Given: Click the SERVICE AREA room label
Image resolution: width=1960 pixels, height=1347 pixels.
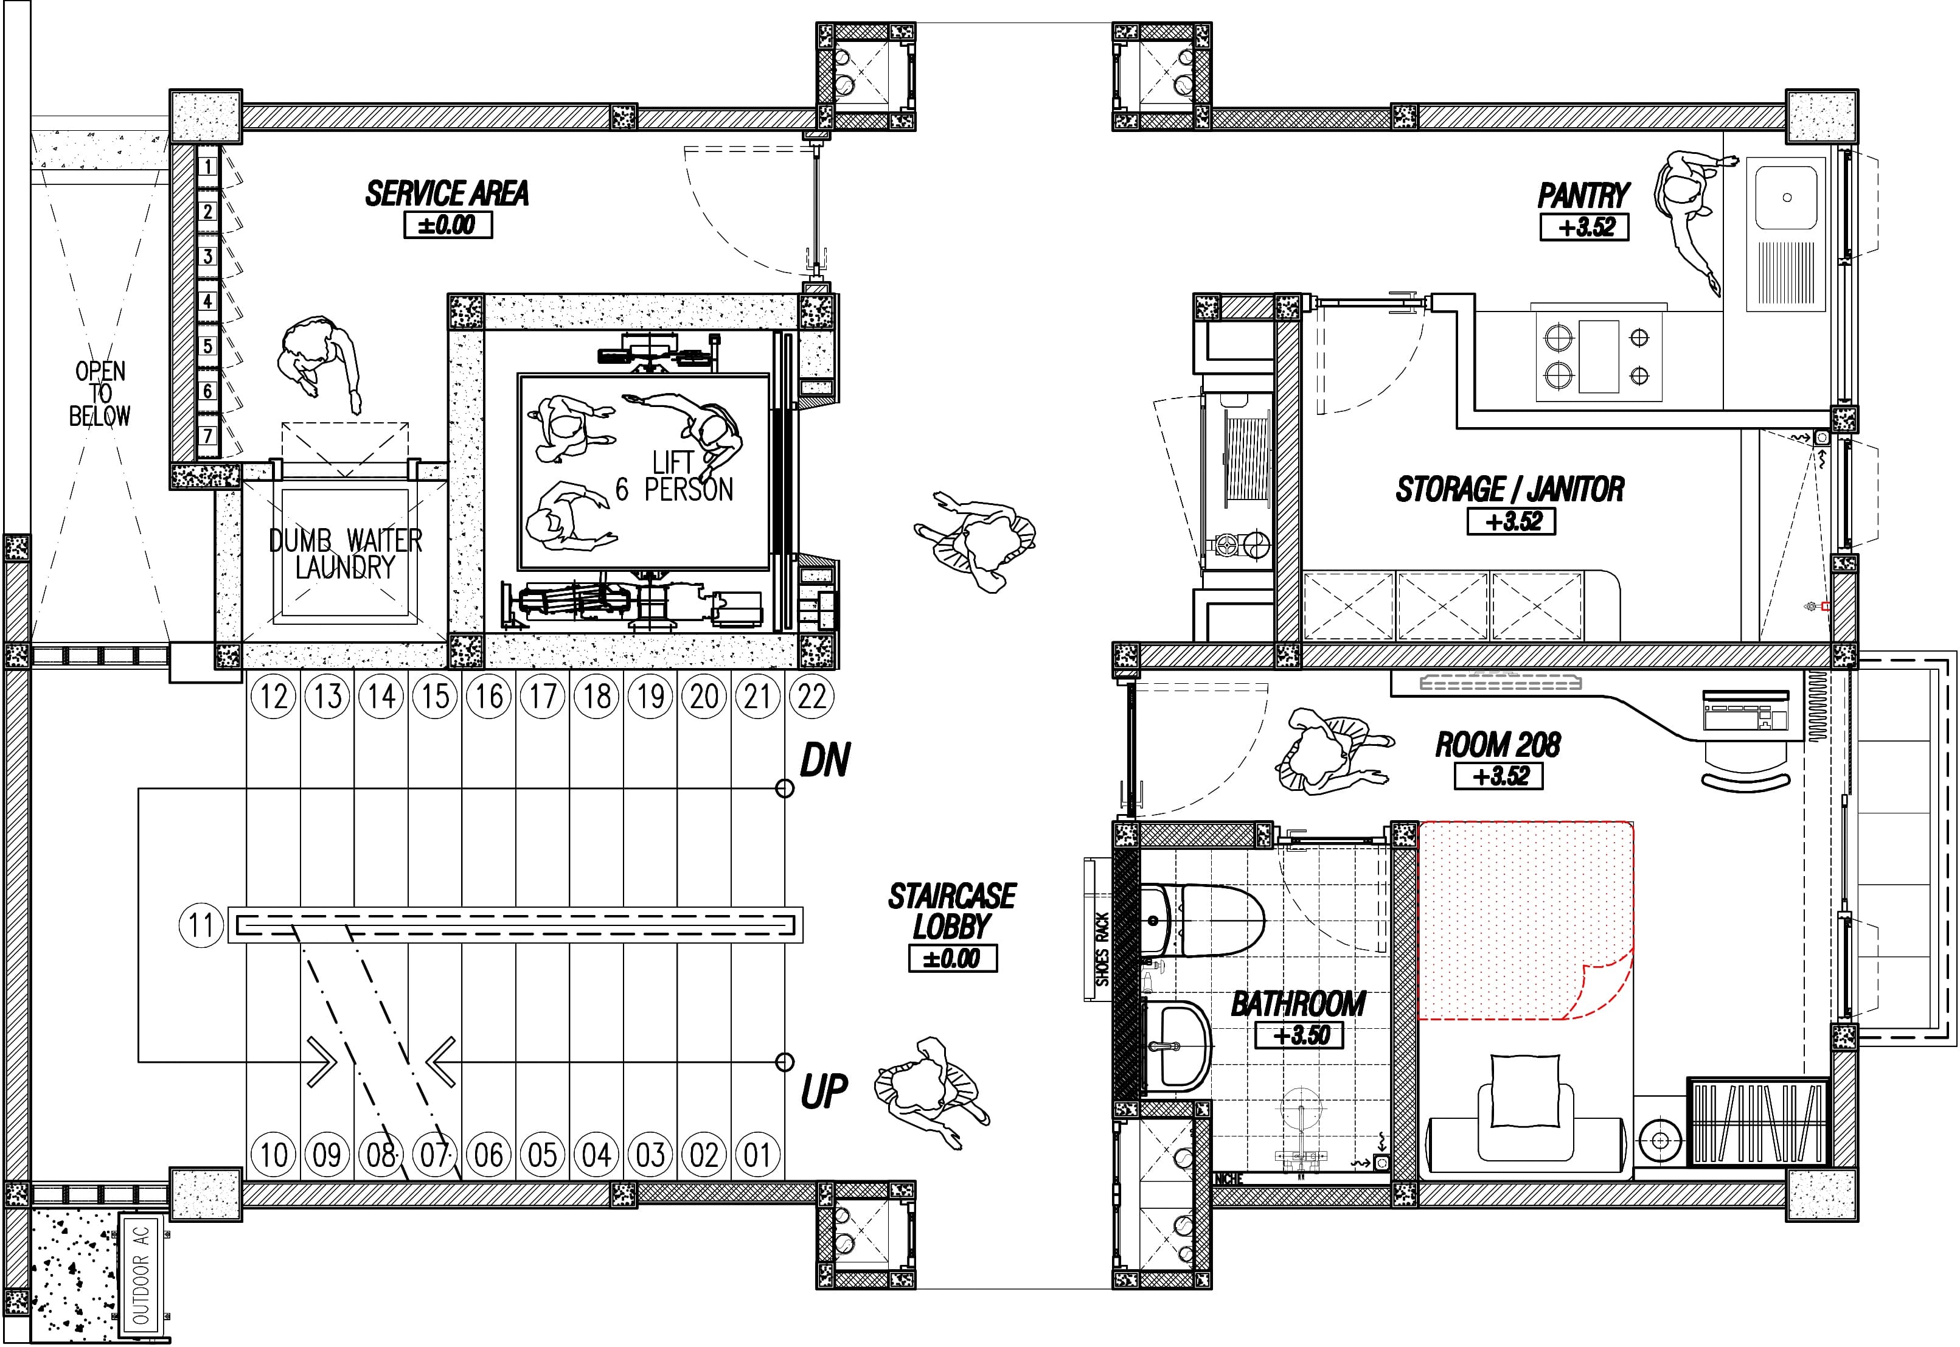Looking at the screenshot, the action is [447, 194].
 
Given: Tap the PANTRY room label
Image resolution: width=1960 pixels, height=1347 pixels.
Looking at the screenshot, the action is [1583, 196].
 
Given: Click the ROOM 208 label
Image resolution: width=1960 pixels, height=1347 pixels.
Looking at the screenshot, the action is [1498, 745].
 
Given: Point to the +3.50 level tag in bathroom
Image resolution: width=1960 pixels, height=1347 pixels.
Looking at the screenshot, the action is [1299, 1035].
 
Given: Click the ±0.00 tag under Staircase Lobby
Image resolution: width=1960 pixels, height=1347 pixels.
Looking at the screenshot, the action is [953, 959].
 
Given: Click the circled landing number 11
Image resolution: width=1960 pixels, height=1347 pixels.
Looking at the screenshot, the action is [201, 924].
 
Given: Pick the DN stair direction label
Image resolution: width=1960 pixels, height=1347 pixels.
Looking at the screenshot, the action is [824, 761].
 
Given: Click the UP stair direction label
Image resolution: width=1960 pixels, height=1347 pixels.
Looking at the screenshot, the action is [824, 1092].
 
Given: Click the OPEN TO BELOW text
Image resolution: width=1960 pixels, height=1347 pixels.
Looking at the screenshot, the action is [100, 393].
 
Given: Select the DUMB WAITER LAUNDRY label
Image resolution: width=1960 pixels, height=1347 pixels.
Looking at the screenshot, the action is [345, 554].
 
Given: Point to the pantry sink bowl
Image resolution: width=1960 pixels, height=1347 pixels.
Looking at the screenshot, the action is [1786, 198].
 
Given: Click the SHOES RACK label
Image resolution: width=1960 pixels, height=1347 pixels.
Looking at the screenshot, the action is [1101, 950].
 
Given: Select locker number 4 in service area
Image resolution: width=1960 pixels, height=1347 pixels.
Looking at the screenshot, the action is [207, 301].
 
